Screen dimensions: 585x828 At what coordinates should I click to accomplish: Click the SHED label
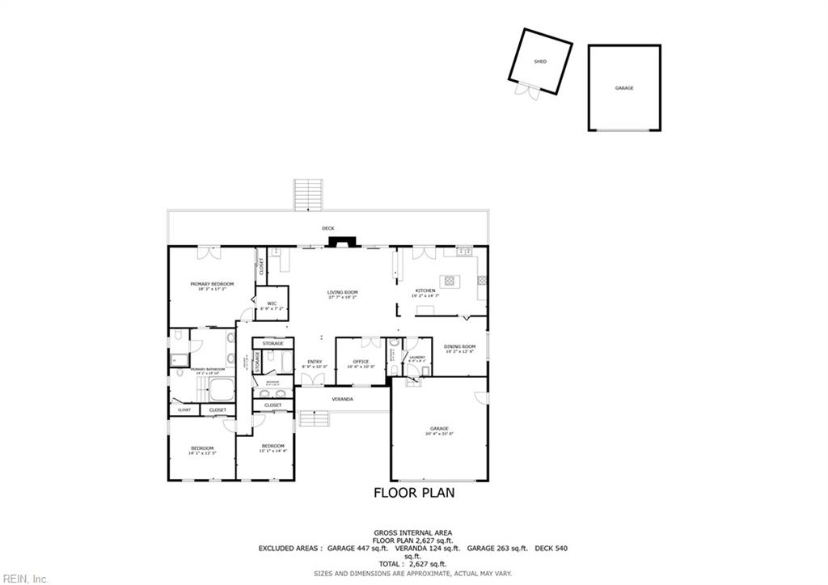(540, 61)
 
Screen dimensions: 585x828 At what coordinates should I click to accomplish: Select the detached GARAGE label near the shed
(624, 87)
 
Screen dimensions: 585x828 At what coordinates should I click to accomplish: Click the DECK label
(328, 228)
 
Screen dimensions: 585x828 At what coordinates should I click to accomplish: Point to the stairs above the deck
(308, 194)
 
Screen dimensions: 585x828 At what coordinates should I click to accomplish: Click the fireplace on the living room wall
(345, 242)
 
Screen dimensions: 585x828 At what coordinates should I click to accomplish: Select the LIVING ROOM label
(343, 292)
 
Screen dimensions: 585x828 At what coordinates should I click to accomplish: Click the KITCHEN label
(425, 290)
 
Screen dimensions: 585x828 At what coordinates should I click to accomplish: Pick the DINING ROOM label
(459, 346)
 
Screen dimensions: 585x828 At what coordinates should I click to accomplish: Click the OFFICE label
(361, 362)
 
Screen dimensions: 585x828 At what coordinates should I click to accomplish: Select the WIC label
(272, 303)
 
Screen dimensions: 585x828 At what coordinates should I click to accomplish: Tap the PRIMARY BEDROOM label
(212, 284)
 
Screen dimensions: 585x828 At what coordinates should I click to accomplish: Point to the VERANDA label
(343, 399)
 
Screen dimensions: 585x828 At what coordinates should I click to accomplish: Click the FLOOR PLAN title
(413, 492)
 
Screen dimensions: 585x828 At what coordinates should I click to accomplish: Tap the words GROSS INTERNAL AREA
(413, 532)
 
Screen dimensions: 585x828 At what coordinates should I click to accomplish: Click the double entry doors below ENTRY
(312, 379)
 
